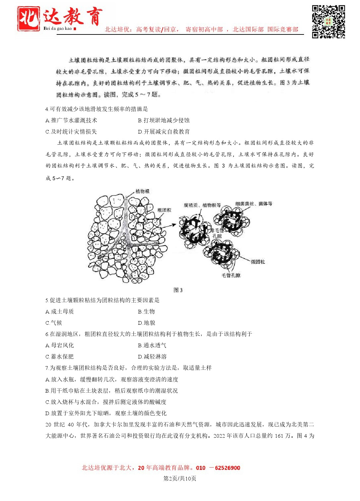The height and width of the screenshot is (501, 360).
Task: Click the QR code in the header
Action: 329,22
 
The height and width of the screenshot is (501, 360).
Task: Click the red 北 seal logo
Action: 28,19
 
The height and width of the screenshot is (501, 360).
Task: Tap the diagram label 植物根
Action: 142,191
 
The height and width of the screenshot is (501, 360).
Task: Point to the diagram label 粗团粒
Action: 164,210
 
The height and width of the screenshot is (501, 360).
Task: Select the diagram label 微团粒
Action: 258,262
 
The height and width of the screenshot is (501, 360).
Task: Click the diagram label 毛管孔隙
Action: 231,275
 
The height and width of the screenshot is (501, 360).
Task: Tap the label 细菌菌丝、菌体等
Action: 254,204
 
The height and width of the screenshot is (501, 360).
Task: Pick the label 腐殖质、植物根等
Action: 202,205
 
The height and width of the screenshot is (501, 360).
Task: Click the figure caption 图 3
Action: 178,290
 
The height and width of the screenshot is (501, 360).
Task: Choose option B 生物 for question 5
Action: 146,311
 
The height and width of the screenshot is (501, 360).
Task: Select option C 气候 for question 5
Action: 54,323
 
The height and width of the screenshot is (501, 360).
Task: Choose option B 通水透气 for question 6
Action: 152,345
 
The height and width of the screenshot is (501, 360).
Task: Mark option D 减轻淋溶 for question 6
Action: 152,357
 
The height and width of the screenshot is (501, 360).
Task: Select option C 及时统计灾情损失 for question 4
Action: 71,132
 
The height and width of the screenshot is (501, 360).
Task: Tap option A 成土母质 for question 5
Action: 60,311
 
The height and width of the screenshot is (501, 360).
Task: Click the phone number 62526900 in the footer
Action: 228,468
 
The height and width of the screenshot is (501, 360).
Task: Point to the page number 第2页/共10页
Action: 180,478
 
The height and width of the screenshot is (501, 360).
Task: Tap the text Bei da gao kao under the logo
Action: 58,28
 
